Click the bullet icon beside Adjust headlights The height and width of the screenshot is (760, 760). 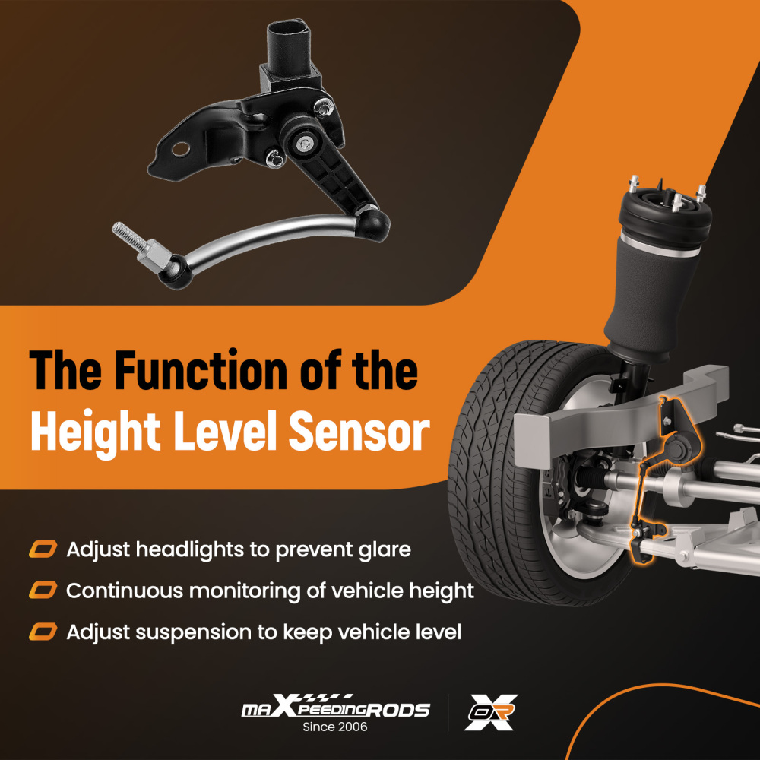(x=44, y=549)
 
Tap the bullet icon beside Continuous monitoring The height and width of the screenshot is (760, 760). (x=44, y=591)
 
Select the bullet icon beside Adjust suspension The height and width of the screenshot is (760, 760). (x=44, y=632)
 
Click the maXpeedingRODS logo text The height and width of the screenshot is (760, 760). (x=335, y=708)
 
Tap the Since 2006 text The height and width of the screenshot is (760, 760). (x=335, y=727)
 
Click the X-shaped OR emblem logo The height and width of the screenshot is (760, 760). (x=491, y=712)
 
